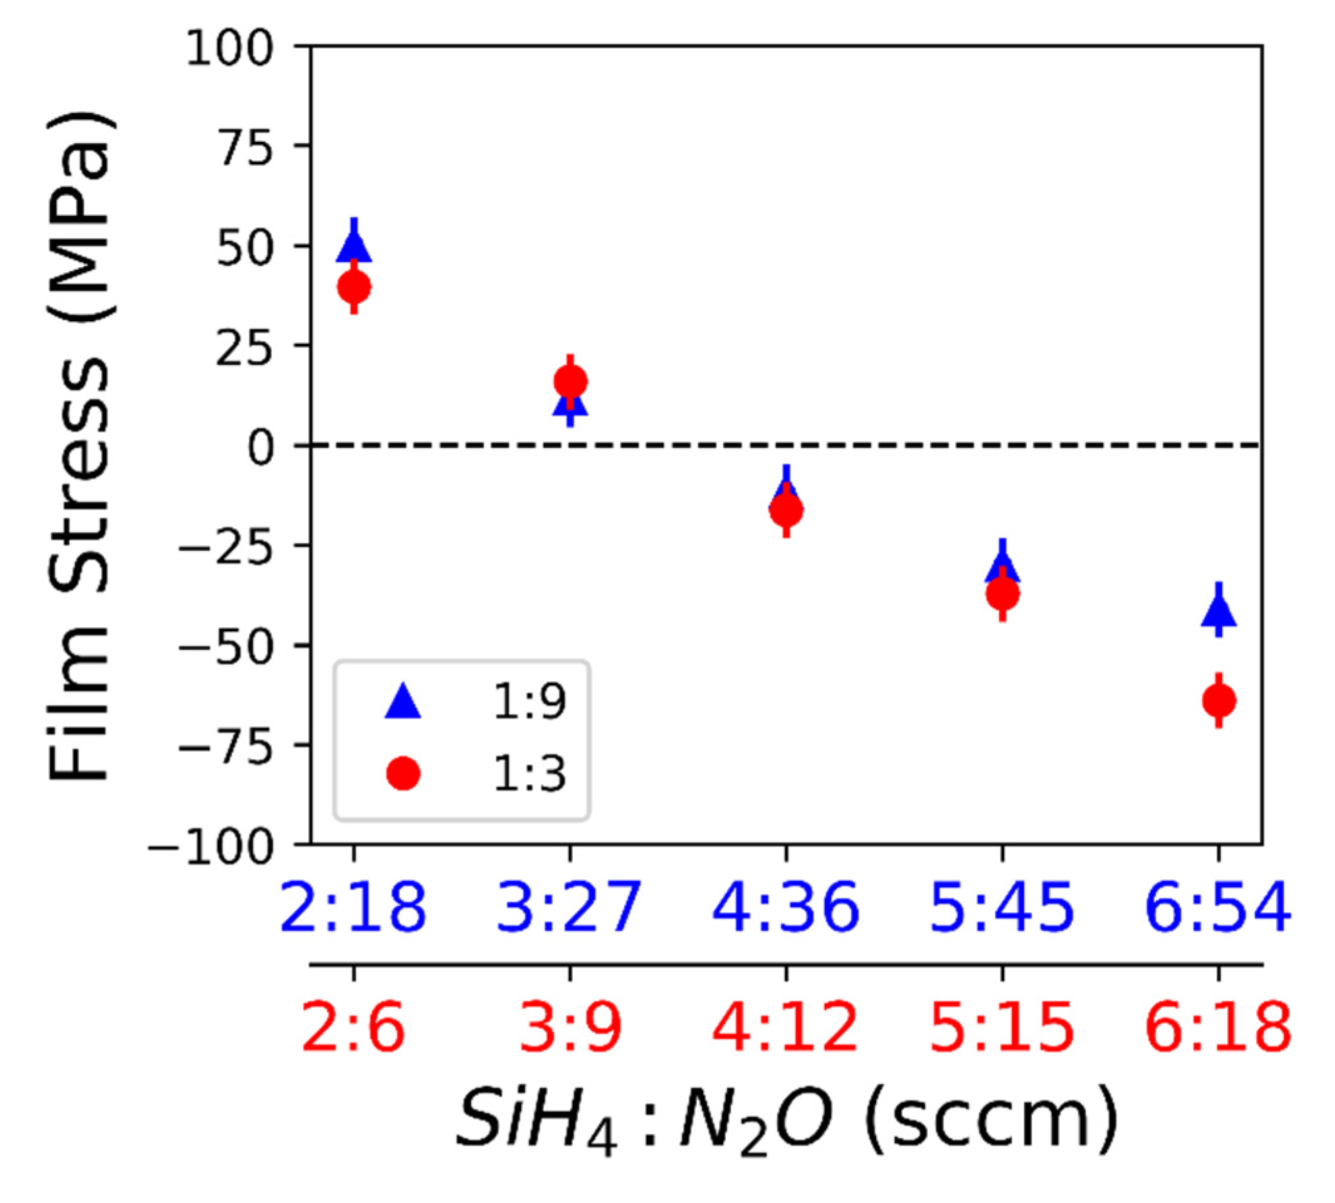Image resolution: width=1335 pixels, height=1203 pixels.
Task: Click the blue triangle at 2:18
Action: pos(354,245)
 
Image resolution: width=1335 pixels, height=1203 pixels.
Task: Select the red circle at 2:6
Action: pos(354,287)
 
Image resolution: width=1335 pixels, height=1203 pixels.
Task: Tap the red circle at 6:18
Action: pos(1220,700)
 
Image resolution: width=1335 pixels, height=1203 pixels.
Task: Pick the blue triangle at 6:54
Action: pos(1220,610)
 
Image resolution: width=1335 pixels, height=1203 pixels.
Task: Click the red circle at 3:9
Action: pos(570,381)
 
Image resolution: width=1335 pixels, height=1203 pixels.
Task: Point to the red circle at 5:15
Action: pos(1003,594)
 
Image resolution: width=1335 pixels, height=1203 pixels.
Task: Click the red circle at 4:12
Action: pos(786,510)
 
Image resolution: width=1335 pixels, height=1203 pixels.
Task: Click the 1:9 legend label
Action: pos(529,702)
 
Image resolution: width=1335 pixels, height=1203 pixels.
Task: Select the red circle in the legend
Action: pos(403,774)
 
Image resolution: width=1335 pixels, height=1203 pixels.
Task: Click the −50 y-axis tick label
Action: pos(225,648)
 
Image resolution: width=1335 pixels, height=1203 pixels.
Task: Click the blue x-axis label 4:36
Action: pos(786,908)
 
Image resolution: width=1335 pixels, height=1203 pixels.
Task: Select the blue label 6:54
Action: pos(1218,908)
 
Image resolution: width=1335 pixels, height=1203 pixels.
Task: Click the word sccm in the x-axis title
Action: pos(992,1123)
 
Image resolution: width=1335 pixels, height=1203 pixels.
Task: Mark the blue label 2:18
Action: pos(354,908)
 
